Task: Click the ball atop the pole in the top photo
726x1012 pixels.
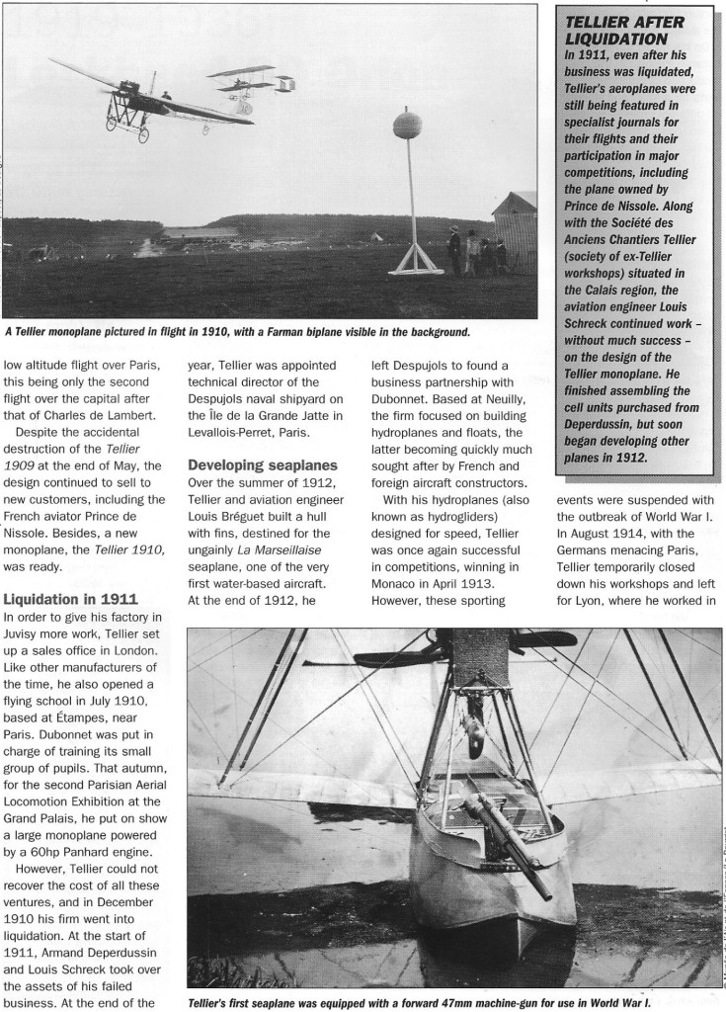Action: click(408, 126)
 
